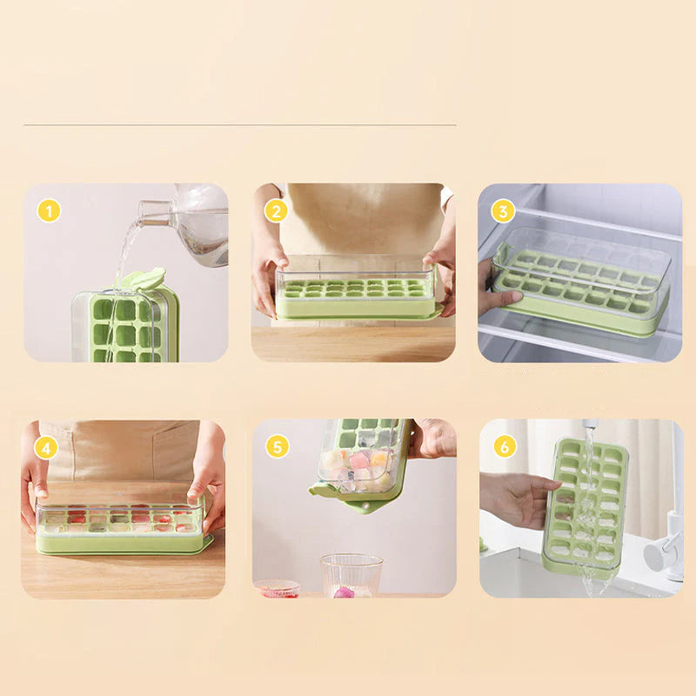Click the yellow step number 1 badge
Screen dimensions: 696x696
50,211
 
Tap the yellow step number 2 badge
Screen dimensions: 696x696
277,211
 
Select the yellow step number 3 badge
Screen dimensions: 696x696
503,211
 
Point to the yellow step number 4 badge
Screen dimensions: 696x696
47,447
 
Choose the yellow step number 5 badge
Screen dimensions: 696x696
277,447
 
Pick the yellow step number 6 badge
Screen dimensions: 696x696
504,446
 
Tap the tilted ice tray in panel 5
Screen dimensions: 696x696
364,461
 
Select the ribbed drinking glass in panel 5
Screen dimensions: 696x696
351,574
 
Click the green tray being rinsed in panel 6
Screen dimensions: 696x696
585,509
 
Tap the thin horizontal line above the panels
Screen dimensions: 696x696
239,125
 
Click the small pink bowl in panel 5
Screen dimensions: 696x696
277,588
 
